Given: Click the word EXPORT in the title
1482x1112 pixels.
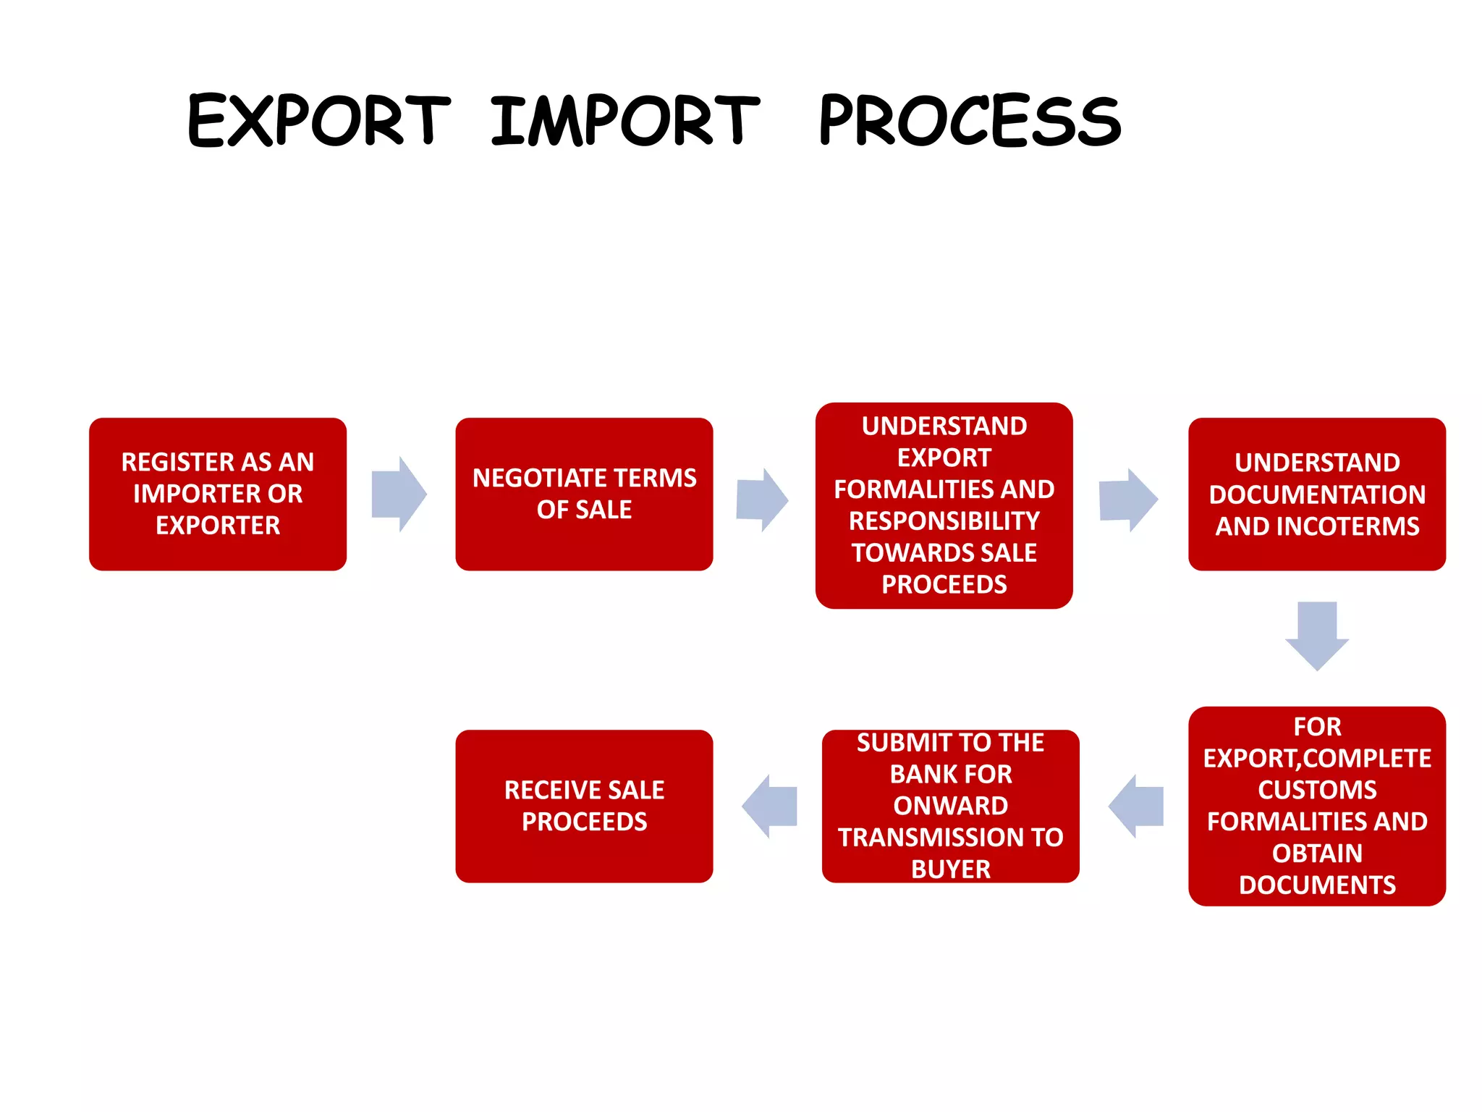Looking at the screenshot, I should point(318,120).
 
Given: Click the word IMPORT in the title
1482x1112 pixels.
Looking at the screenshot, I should point(625,120).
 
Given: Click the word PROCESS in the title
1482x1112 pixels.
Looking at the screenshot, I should point(970,120).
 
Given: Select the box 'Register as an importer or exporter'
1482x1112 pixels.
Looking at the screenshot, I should point(217,494).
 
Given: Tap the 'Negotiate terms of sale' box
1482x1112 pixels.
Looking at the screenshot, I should point(584,494).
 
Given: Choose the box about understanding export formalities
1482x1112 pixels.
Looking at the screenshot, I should point(944,505).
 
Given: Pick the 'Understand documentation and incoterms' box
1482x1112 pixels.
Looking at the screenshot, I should point(1316,494).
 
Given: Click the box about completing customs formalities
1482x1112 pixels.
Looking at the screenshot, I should point(1316,806).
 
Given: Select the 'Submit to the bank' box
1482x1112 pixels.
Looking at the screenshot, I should point(950,806).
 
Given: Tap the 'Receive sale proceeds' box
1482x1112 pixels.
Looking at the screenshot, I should point(584,806).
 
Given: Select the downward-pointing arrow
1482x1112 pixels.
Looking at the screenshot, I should point(1316,635).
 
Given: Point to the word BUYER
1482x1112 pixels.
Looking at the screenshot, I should point(950,869).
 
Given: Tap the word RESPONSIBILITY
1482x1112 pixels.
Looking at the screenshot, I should point(944,521).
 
